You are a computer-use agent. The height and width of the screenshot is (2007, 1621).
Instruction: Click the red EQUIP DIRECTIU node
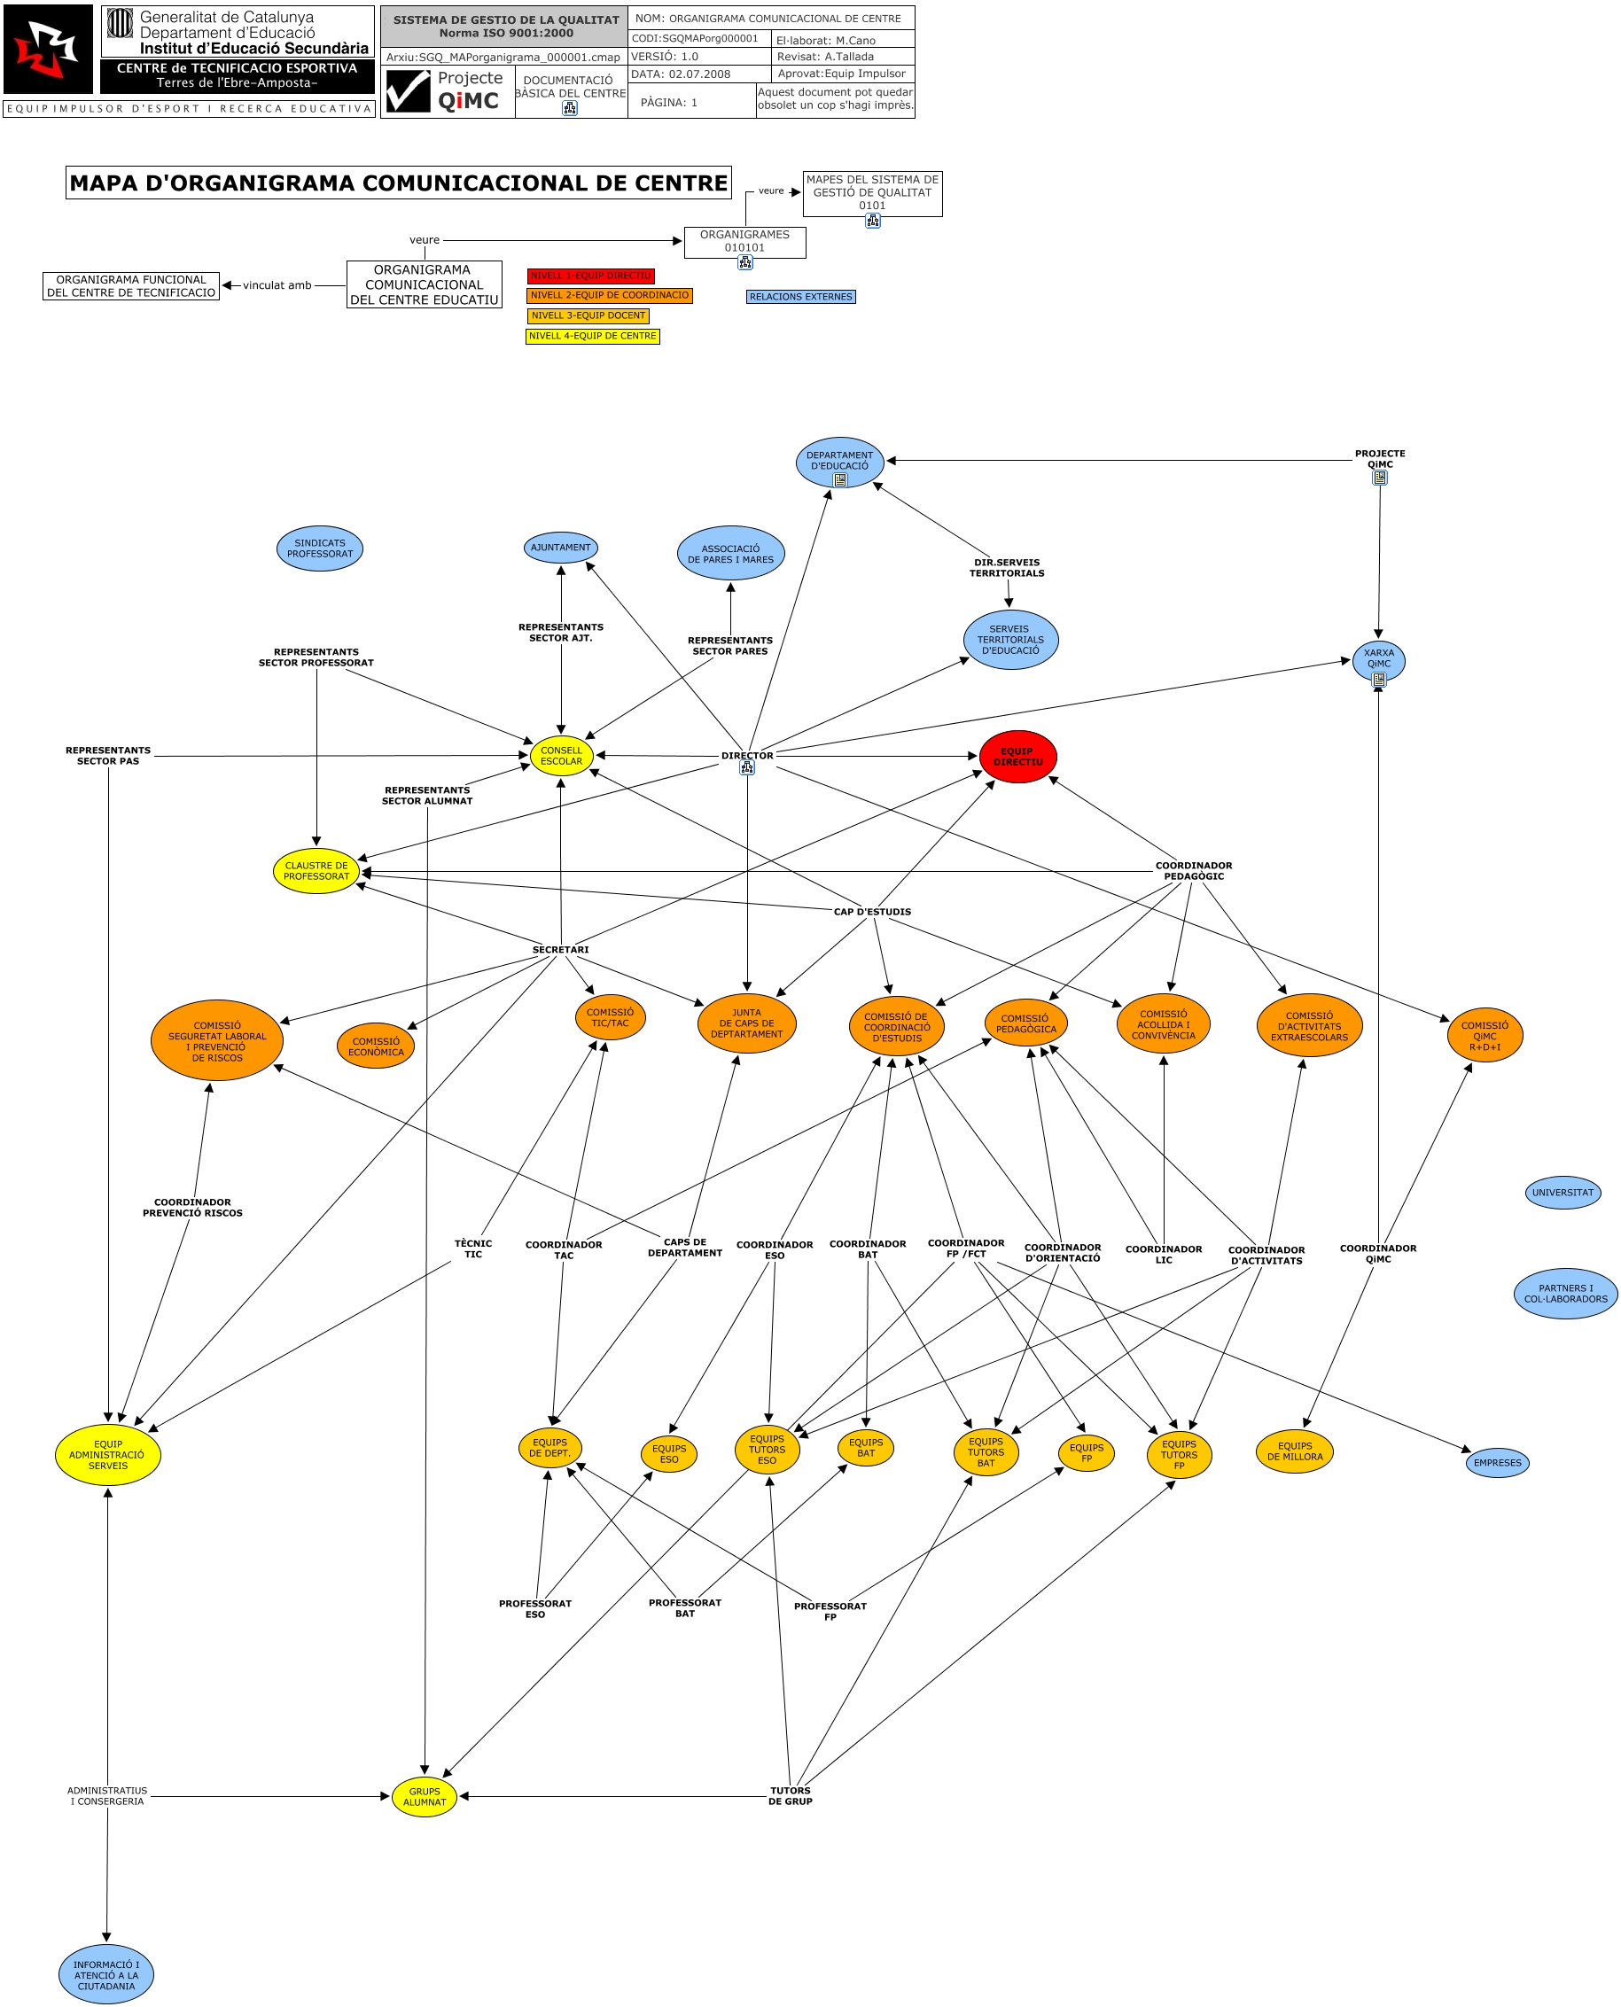coord(1017,757)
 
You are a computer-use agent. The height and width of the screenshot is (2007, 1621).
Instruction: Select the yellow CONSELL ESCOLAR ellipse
coord(561,756)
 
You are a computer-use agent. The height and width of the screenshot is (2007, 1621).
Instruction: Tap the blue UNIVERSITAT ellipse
coord(1563,1193)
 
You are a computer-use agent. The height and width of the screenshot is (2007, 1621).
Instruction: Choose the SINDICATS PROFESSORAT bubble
coord(319,548)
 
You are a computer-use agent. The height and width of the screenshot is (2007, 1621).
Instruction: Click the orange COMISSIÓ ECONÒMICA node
coord(376,1046)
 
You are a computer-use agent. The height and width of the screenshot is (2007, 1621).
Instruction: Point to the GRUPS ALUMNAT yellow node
coord(424,1797)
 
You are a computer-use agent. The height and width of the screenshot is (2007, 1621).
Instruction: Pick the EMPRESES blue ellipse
coord(1497,1463)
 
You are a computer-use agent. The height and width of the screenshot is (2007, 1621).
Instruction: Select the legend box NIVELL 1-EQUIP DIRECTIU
coord(590,276)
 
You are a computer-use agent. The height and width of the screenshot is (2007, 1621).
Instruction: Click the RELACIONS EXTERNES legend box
coord(800,297)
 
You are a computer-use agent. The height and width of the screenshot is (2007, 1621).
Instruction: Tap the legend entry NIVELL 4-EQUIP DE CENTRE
coord(592,336)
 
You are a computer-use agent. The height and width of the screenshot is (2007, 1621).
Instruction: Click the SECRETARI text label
coord(560,950)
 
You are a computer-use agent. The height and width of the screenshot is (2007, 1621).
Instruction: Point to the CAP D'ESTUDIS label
coord(872,912)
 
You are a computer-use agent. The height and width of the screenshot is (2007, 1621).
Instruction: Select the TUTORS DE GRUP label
coord(790,1796)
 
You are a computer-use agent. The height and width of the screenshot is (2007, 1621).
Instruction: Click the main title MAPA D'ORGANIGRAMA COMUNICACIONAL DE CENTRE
coord(398,183)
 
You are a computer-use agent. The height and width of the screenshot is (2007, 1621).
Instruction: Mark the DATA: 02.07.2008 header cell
coord(681,74)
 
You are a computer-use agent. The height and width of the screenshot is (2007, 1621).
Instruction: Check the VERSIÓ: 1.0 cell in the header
coord(665,57)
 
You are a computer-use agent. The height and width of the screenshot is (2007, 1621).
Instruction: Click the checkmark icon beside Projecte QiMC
coord(408,91)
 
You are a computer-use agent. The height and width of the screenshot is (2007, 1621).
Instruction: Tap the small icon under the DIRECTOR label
coord(747,768)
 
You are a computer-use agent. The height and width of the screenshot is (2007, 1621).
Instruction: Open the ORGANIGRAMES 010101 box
coord(744,242)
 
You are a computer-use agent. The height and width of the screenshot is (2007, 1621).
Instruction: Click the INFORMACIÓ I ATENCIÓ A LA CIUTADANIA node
coord(106,1974)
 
